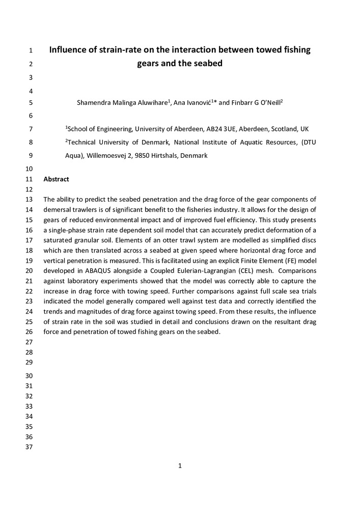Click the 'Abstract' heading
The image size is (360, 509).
click(x=56, y=179)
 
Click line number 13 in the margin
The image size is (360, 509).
click(x=29, y=199)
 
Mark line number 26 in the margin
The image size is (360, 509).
click(x=29, y=332)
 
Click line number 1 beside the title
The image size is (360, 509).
click(x=31, y=50)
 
